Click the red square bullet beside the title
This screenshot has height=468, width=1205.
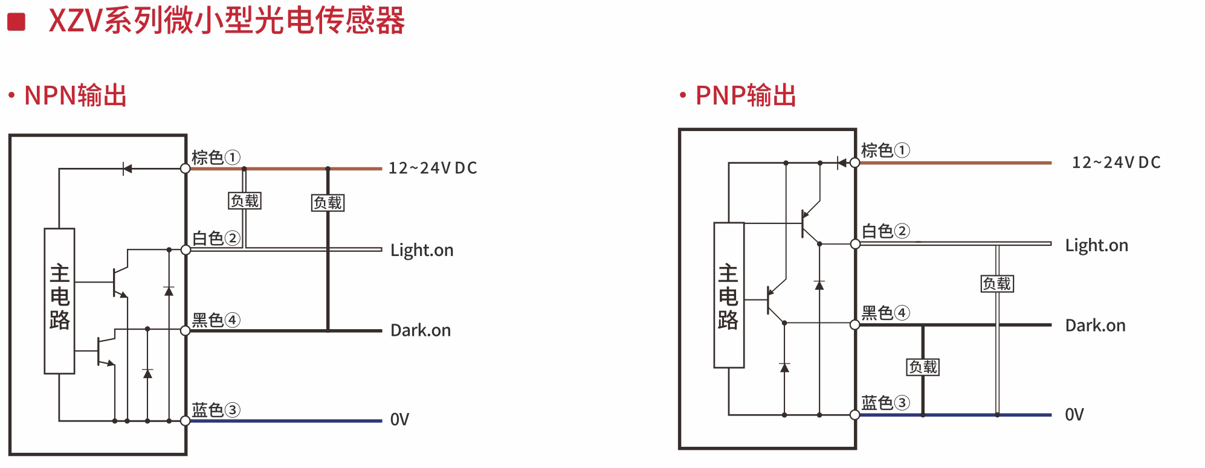click(x=16, y=22)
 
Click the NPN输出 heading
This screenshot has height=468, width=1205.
click(x=75, y=95)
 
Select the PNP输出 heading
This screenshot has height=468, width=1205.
click(x=746, y=95)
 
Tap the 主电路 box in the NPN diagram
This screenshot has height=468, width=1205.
click(x=59, y=301)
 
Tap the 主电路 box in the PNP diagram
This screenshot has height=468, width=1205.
click(x=728, y=295)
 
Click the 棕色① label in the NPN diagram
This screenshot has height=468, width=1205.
click(x=216, y=158)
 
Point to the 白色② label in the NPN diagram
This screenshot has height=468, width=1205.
click(x=216, y=239)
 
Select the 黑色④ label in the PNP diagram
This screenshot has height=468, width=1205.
click(x=885, y=313)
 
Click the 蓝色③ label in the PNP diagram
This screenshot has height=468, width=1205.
click(x=885, y=403)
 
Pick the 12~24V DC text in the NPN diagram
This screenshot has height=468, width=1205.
click(x=433, y=168)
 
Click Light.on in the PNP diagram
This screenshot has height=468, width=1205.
click(x=1096, y=245)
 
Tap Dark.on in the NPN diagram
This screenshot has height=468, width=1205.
click(x=421, y=330)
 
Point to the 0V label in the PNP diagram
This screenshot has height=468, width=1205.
click(x=1074, y=415)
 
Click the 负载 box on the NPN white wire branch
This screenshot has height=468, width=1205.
click(x=245, y=201)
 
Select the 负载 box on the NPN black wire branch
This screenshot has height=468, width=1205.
click(x=328, y=203)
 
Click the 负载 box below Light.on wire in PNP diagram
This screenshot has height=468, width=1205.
click(x=997, y=283)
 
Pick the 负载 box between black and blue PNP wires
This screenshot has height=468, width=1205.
click(x=923, y=367)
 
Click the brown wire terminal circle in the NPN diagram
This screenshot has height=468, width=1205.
click(x=186, y=168)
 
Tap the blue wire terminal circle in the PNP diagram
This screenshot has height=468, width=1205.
click(x=854, y=415)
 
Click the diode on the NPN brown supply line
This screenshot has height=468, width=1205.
click(x=127, y=168)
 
